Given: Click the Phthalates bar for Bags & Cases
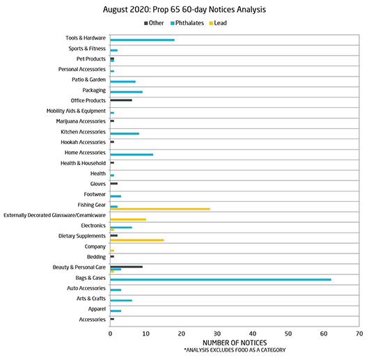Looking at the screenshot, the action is point(221,279).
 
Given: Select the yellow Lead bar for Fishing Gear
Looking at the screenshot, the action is point(160,209).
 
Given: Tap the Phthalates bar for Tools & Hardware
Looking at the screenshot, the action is point(142,40).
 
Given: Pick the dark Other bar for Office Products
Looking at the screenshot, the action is point(121,100).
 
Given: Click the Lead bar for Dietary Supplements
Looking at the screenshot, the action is point(137,240).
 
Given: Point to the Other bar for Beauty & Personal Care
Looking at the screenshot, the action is point(127,267).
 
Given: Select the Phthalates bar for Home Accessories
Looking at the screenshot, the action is point(132,155).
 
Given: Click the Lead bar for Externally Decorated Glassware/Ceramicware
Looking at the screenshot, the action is point(128,219).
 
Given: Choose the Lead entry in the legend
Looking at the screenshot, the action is point(218,23).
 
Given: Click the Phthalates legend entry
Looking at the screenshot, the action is point(187,23).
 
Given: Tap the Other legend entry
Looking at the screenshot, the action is point(154,23).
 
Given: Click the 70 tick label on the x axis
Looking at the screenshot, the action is point(359,334).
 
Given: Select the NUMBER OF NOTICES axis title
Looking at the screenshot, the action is point(235,343).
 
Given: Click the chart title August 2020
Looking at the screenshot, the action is point(184,10).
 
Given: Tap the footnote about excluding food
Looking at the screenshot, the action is point(235,350).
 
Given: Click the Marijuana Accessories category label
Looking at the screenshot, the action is point(81,121).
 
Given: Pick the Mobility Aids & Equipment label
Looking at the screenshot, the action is point(76,111).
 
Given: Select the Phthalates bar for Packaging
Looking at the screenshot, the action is point(127,92).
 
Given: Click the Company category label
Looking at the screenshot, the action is point(95,246).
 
